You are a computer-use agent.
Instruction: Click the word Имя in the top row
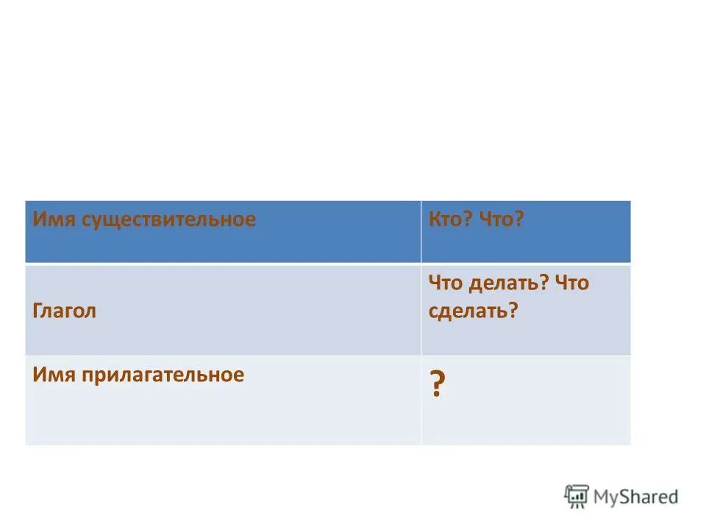[48, 220]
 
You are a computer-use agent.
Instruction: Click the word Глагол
[65, 311]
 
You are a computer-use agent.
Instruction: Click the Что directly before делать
[444, 283]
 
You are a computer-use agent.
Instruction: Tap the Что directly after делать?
[572, 283]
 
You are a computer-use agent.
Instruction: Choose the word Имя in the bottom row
[48, 375]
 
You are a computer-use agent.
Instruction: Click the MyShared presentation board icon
[577, 496]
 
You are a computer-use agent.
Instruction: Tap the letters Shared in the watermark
[650, 496]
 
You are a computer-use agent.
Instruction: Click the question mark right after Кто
[468, 220]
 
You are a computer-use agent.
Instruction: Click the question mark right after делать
[545, 283]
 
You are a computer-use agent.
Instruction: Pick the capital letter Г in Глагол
[38, 311]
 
